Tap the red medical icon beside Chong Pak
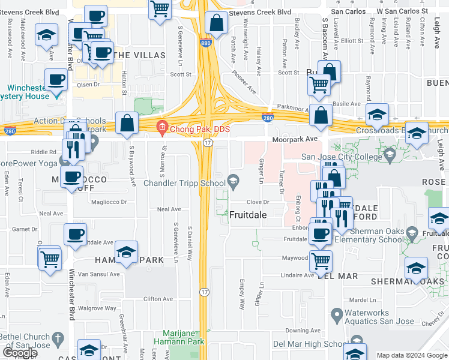click(161, 127)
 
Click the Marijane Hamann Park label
click(185, 337)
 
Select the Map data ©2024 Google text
click(412, 355)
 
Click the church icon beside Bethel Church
click(58, 338)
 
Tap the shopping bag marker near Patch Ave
click(215, 24)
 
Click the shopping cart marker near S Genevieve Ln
click(160, 10)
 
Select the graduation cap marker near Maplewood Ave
click(46, 36)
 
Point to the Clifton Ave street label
click(158, 299)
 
